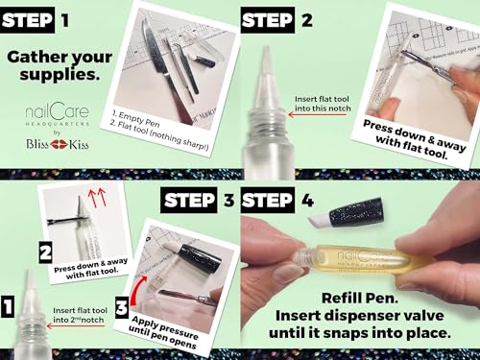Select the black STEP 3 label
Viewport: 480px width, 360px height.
point(198,201)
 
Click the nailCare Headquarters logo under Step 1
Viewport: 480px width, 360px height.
point(57,114)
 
